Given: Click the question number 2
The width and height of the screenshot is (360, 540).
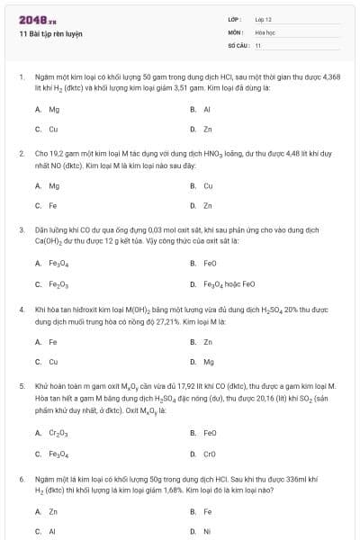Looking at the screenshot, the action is [22, 154].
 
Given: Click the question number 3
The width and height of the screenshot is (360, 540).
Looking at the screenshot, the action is [22, 230].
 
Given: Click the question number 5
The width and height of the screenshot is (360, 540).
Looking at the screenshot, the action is [22, 386].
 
